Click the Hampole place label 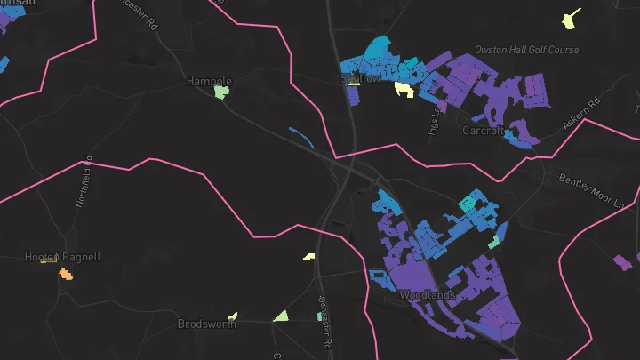tap(208, 81)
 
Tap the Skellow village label tap(361, 78)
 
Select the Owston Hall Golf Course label tap(526, 50)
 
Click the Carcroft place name tap(484, 130)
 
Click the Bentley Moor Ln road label tap(592, 190)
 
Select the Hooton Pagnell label tap(62, 258)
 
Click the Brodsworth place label tap(206, 324)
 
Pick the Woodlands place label tap(427, 294)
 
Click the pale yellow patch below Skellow tap(404, 89)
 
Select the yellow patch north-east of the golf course tap(571, 18)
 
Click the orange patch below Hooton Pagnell tap(66, 274)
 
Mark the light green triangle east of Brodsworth tap(281, 316)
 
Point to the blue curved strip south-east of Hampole tap(301, 138)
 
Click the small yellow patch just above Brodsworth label tap(233, 315)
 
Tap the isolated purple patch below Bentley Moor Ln tap(622, 262)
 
